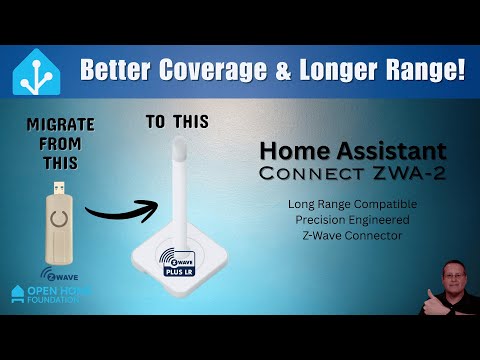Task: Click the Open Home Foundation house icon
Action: point(17,293)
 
